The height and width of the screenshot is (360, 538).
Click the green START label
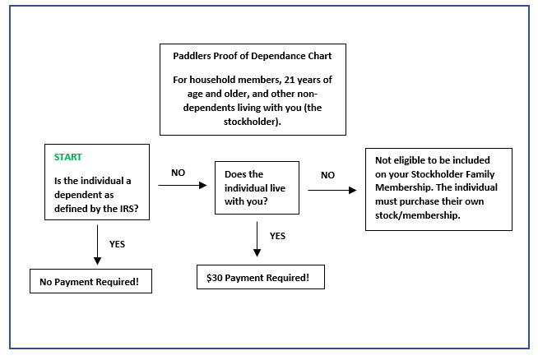[x=68, y=156]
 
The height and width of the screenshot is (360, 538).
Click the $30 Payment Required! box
[x=261, y=277]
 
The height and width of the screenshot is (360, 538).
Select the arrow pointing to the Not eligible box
[x=332, y=190]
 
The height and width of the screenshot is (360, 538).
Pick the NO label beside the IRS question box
[x=179, y=173]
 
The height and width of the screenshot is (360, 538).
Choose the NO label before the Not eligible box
[x=328, y=175]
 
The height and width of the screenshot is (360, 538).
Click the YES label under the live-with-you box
[x=278, y=236]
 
